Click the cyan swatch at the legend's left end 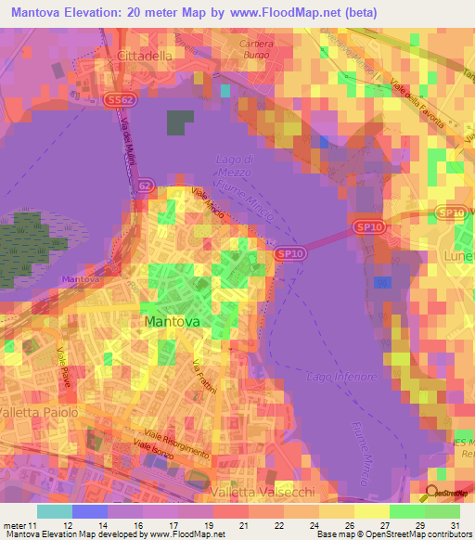54,511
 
